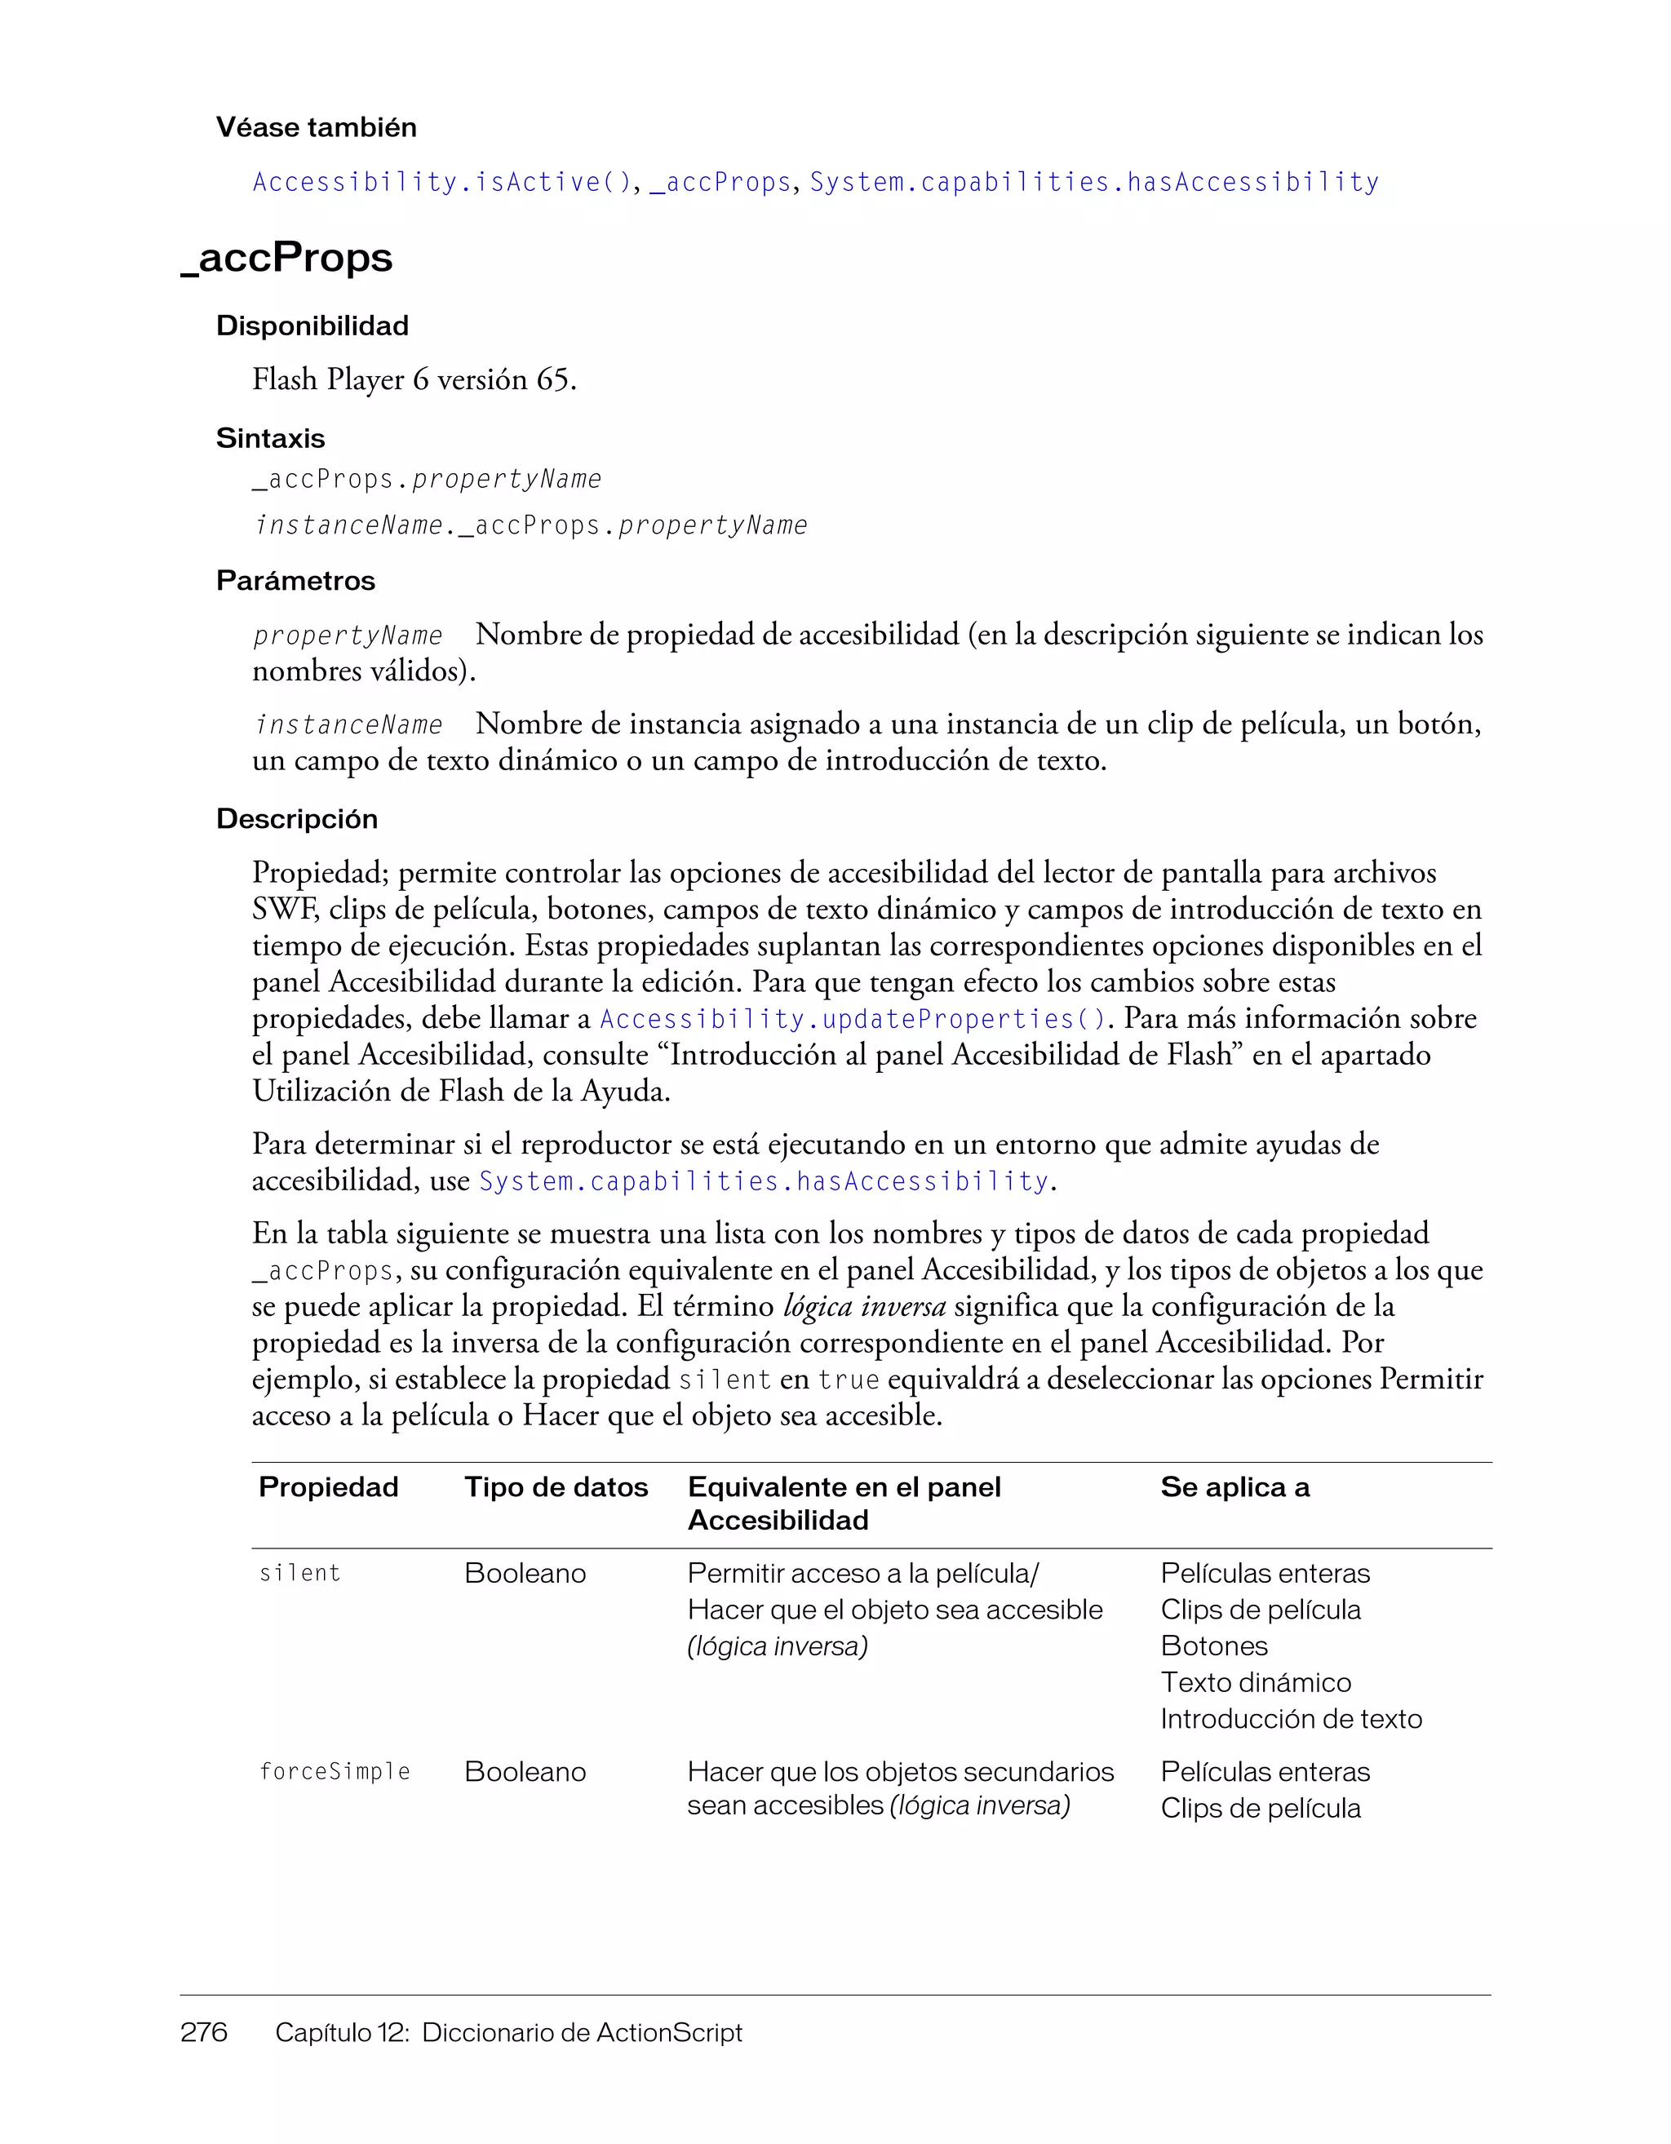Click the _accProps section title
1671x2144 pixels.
point(286,257)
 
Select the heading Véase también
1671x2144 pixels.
point(316,127)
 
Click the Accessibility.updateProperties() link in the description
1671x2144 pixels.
point(852,1019)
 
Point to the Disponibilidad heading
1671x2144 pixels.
point(312,326)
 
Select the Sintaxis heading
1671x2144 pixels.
point(270,439)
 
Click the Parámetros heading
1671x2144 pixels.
point(295,581)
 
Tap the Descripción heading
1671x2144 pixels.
point(296,819)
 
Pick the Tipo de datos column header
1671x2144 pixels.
point(556,1487)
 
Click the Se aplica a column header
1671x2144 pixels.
point(1234,1487)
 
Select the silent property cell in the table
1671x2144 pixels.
point(299,1574)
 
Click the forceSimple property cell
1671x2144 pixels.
point(334,1772)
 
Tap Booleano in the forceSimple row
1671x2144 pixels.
point(525,1772)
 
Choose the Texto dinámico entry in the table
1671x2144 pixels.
point(1255,1682)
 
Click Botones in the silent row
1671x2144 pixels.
point(1213,1646)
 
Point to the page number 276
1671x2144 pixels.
point(204,2032)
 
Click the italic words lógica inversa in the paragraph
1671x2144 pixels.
point(864,1307)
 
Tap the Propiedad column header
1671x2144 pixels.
point(328,1487)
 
